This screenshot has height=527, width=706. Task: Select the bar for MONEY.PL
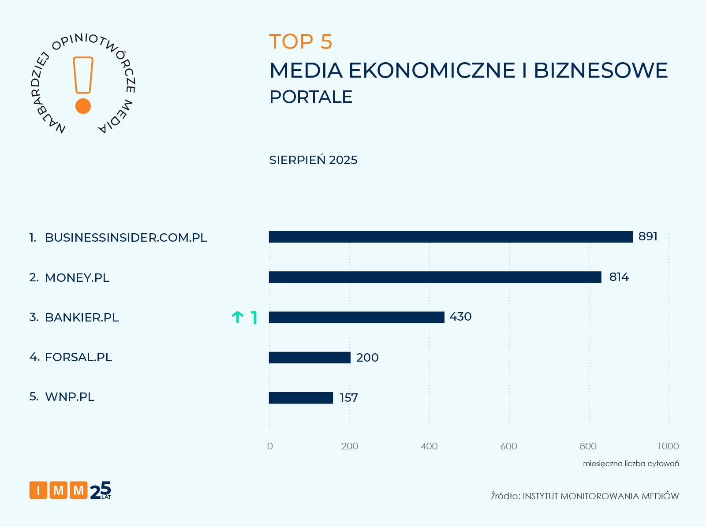point(435,277)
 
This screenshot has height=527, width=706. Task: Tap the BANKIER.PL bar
point(356,317)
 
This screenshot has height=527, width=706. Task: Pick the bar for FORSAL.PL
point(310,357)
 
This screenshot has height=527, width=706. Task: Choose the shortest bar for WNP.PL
point(301,398)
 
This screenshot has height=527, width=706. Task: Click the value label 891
point(648,237)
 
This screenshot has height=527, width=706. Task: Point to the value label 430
point(460,317)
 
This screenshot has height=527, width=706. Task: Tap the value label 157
point(348,398)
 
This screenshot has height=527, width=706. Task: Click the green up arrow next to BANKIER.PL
point(238,317)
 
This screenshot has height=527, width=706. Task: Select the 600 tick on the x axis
point(508,446)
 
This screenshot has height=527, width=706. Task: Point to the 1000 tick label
point(668,446)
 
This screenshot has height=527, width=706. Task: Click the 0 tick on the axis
point(270,446)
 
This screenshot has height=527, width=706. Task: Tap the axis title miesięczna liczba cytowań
point(631,463)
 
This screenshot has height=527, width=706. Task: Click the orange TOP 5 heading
point(300,42)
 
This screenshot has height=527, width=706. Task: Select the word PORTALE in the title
point(310,97)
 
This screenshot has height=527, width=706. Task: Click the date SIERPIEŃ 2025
point(313,160)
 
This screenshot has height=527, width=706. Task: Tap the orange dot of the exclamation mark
point(83,106)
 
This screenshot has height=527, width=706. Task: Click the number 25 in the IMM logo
point(101,490)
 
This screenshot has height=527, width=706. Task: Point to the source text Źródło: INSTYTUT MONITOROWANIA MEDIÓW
point(584,496)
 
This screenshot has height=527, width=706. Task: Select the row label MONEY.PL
point(77,278)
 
